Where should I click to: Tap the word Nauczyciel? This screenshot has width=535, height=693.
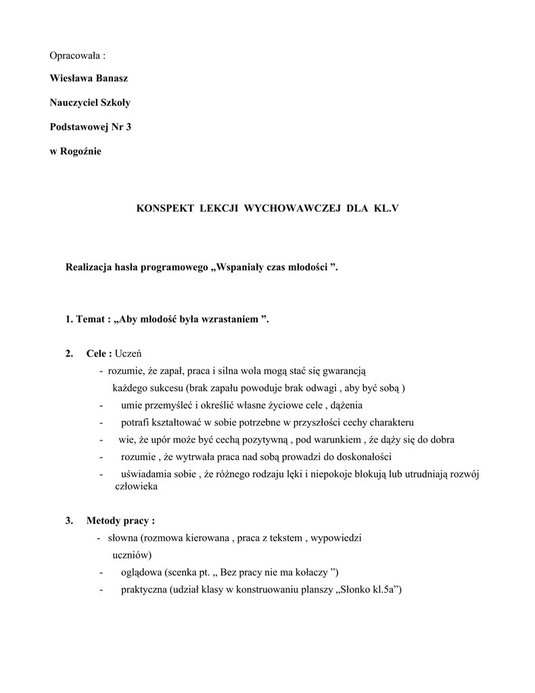point(75,103)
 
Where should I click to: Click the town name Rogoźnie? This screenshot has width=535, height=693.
point(82,152)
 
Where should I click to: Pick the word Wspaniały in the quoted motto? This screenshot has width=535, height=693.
point(243,268)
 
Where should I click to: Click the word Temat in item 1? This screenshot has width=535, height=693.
point(90,319)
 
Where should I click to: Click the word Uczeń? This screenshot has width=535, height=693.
point(129,353)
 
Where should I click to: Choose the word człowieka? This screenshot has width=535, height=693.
point(136,486)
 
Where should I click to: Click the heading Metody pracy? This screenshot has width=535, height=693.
point(120,520)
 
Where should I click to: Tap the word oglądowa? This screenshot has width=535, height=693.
point(144,572)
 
